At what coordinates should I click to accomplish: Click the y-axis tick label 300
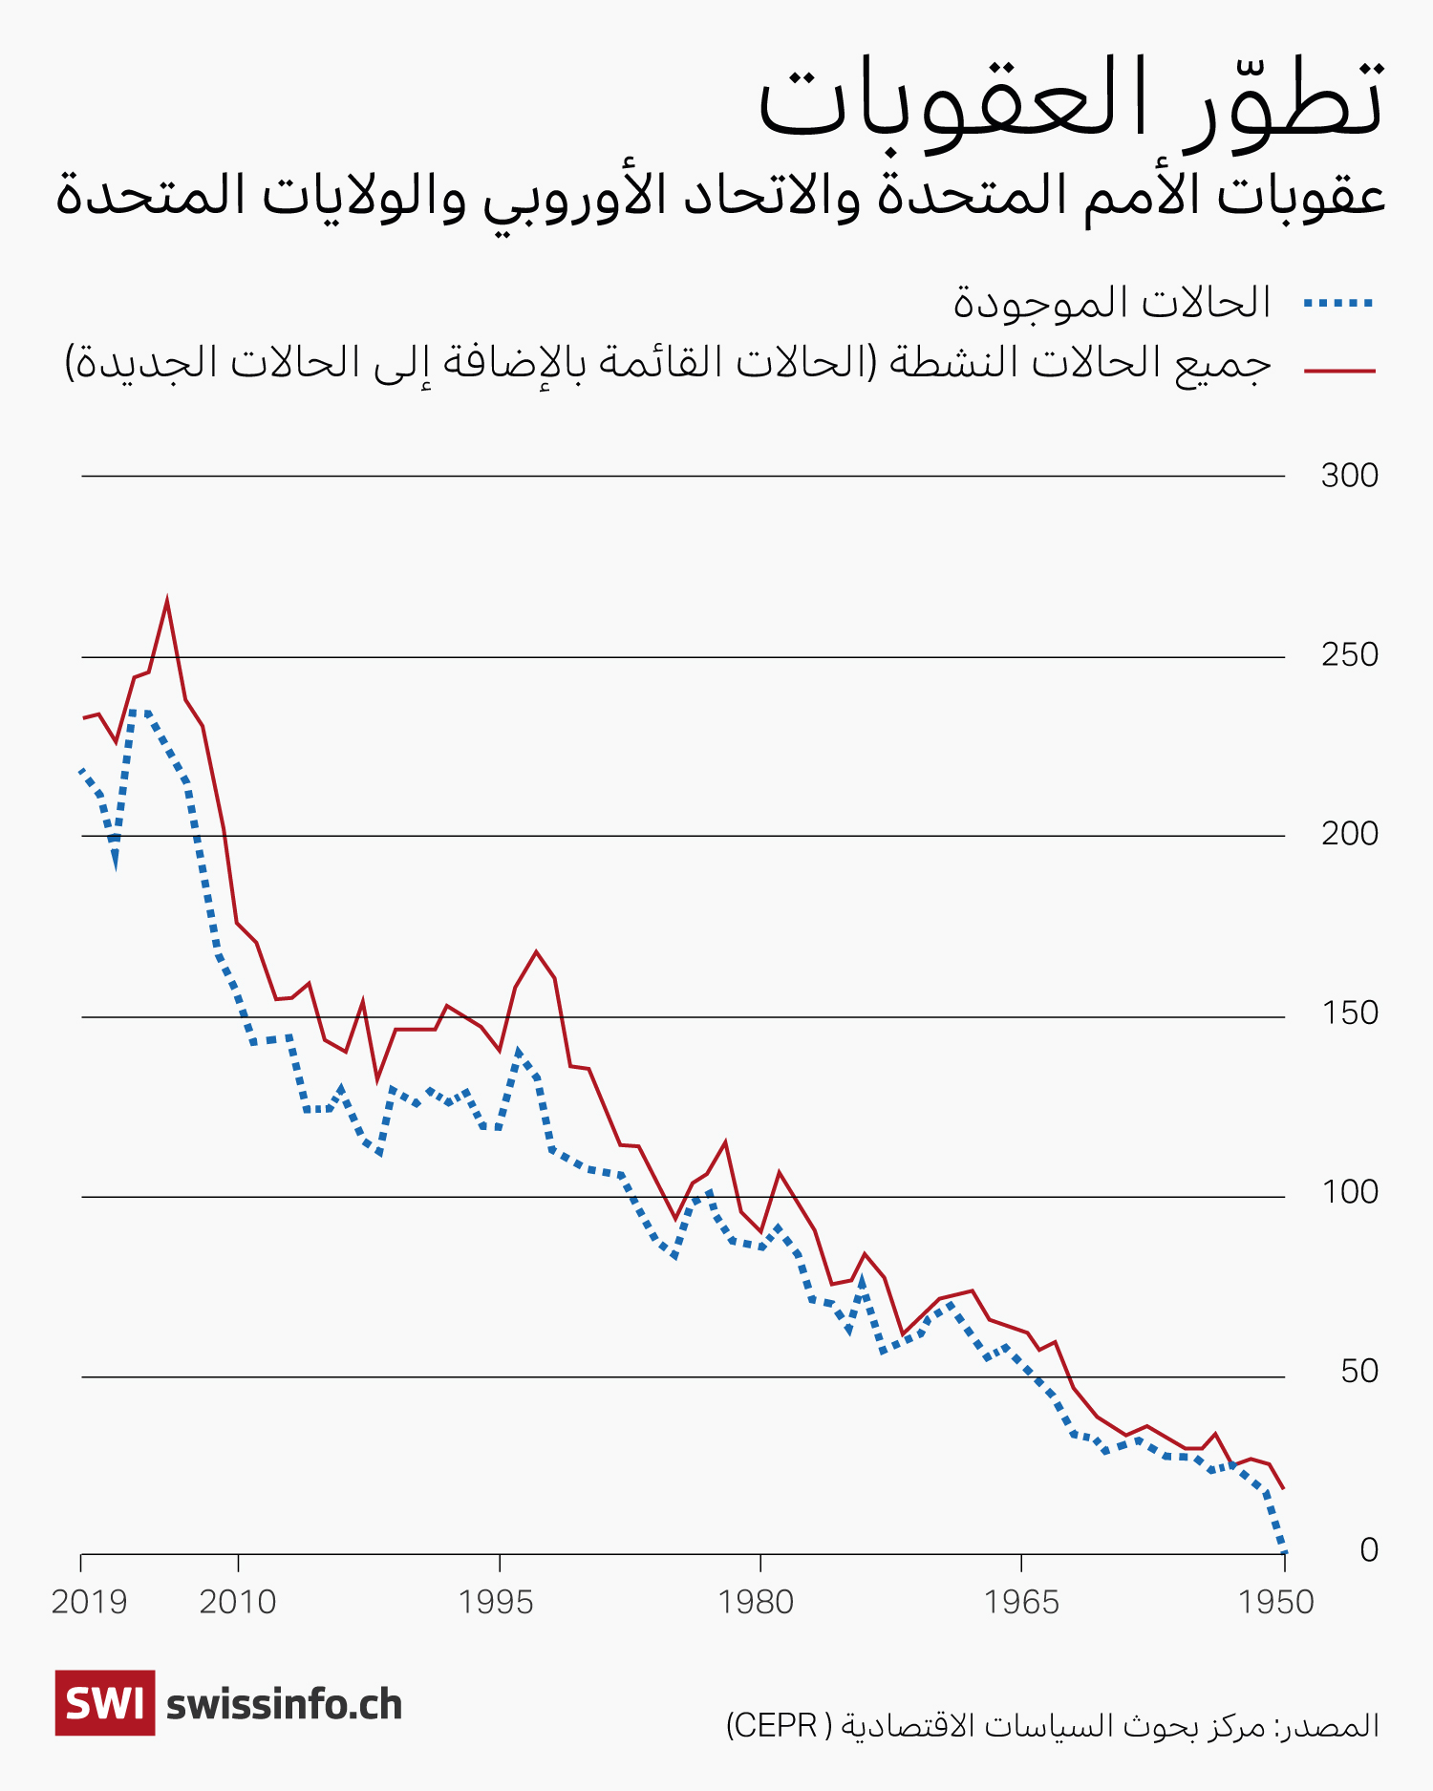click(1349, 476)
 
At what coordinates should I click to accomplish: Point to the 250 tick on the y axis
click(1349, 655)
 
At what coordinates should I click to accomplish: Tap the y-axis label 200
click(1349, 834)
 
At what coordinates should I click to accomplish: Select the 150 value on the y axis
click(1349, 1013)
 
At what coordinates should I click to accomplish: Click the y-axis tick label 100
click(1349, 1192)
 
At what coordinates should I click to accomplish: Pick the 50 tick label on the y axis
click(1358, 1372)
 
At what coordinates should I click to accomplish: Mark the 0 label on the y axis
click(1368, 1550)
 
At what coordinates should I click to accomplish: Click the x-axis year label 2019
click(89, 1602)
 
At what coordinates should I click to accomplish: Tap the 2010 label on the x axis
click(238, 1602)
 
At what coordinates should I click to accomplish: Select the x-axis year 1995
click(496, 1602)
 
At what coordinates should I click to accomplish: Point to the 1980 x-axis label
click(756, 1602)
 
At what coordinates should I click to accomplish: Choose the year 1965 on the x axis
click(1021, 1602)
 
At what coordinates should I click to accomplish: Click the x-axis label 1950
click(1276, 1602)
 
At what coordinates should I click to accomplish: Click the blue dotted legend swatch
click(1338, 304)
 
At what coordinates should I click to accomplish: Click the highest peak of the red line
click(167, 602)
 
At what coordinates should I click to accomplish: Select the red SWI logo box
click(105, 1703)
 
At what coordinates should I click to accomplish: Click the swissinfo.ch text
click(285, 1705)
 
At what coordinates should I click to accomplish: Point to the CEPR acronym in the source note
click(773, 1725)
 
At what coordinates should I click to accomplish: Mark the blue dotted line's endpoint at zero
click(1283, 1550)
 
